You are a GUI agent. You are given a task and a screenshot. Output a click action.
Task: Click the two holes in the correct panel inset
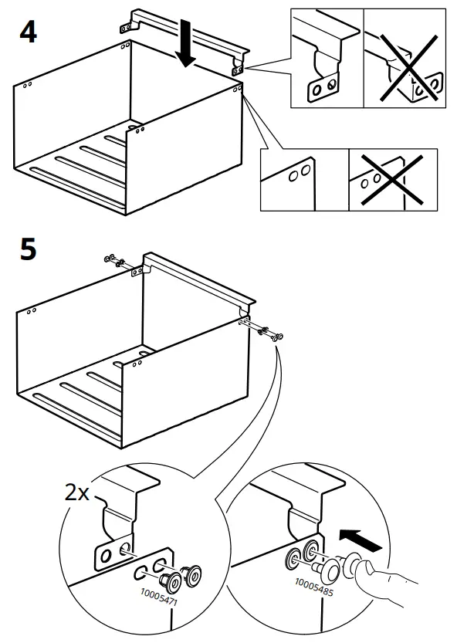point(300,174)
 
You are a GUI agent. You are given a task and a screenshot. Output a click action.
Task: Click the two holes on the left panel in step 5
point(31,312)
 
